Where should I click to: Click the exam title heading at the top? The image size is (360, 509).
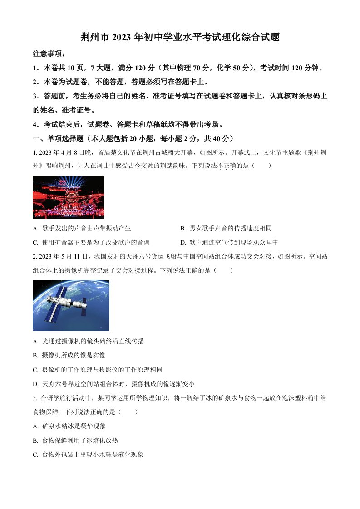tap(180, 38)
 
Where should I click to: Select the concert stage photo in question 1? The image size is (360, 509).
tap(68, 197)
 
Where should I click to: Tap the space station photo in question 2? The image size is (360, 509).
tap(71, 305)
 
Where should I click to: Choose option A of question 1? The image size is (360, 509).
tap(82, 228)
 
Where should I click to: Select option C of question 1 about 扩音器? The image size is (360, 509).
tap(91, 242)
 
